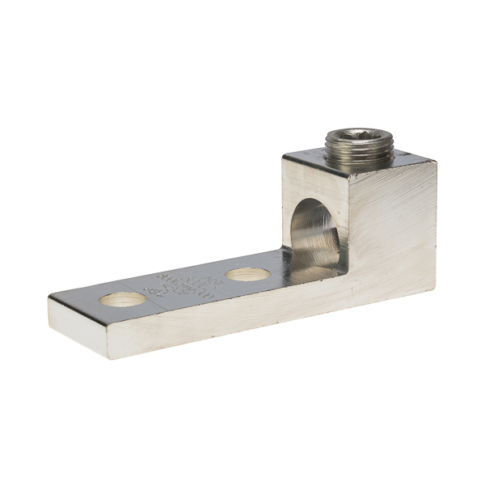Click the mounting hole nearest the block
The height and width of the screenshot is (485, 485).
tap(247, 274)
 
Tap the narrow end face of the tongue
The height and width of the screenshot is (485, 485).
tap(77, 327)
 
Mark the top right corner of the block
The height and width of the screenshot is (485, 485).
tap(436, 161)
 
